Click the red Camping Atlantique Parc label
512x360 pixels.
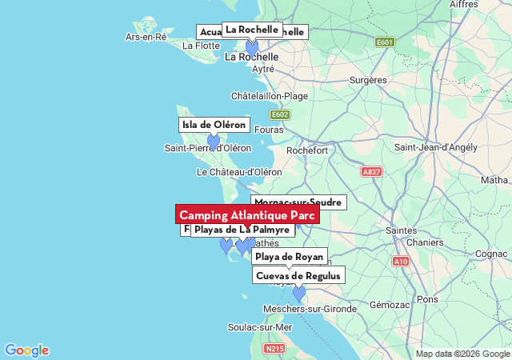coord(247,215)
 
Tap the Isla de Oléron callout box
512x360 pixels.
coord(214,125)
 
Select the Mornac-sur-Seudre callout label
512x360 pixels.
coord(298,202)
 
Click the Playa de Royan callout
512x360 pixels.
coord(289,257)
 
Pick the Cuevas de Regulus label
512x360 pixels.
coord(298,276)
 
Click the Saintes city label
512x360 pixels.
coord(402,230)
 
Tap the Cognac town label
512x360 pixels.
coord(490,254)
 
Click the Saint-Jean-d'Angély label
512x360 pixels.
coord(435,148)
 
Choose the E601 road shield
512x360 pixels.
coord(385,42)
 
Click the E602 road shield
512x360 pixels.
coord(279,114)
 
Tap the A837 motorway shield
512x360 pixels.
coord(371,172)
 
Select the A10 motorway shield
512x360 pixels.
coord(401,262)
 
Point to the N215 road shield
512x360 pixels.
coord(274,349)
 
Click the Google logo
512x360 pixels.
coord(26,350)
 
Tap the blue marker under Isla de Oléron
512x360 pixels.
coord(214,142)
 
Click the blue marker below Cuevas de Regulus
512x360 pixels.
coord(299,294)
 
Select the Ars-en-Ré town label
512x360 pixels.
coord(146,37)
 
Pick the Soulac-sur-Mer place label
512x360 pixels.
coord(260,327)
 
